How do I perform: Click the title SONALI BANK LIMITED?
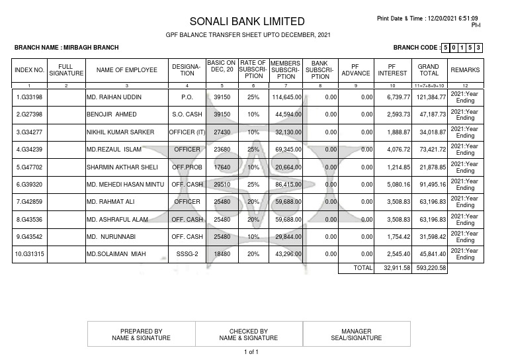[247, 21]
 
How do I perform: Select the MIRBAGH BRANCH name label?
[66, 48]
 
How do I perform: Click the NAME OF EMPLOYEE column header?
[126, 69]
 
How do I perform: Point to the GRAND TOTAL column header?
[428, 69]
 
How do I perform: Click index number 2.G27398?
[30, 114]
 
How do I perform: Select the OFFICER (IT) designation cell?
[187, 132]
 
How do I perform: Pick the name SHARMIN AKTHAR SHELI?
[122, 167]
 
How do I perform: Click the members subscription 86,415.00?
[286, 185]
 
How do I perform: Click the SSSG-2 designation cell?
[187, 254]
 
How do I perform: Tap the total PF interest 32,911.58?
[394, 268]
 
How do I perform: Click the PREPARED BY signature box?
[141, 334]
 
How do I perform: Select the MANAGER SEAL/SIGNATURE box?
[357, 334]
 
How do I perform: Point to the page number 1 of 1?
[251, 352]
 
